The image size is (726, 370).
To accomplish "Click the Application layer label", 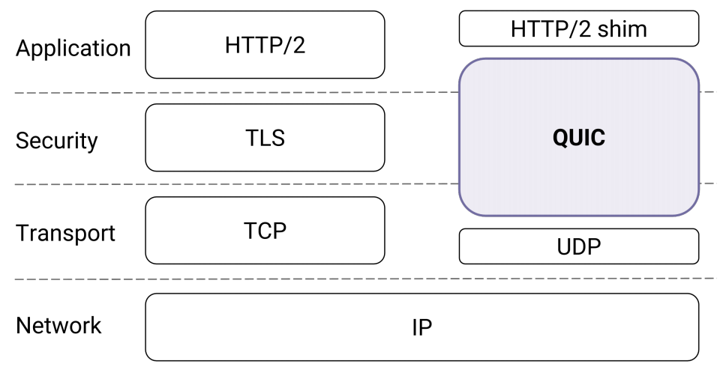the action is [73, 49].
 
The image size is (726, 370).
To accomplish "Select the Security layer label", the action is [56, 141].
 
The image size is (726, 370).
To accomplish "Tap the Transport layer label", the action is [65, 233].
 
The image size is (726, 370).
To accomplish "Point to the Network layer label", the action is [58, 325].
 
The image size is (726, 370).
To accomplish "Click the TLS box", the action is [265, 138].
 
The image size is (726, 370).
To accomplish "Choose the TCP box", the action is [265, 231].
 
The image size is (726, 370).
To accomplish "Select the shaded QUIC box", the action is [579, 137].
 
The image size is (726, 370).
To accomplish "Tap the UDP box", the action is [579, 246].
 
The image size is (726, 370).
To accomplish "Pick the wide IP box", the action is [421, 327].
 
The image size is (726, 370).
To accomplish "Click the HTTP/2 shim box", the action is [579, 28].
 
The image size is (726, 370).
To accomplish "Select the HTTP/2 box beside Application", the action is [265, 45].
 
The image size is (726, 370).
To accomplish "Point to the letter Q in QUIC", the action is [562, 138].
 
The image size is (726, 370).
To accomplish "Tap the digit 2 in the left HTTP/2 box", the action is [298, 46].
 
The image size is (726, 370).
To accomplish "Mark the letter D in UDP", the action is [580, 247].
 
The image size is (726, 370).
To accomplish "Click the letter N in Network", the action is [23, 325].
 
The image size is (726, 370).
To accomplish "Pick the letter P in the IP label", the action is [426, 327].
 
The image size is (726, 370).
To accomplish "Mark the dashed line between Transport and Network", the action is [366, 279].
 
